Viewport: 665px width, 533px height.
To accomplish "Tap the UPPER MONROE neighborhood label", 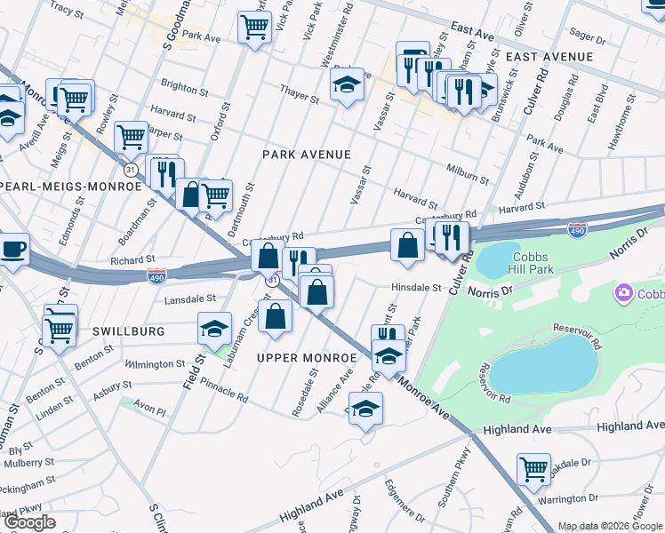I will (306, 357).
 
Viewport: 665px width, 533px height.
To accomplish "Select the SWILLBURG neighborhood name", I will (128, 330).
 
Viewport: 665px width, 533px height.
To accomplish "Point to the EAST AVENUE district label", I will (549, 57).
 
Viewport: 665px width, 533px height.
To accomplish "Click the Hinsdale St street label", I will (417, 288).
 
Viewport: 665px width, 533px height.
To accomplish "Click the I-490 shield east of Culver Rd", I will (577, 230).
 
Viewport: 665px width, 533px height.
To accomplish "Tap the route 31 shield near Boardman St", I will (130, 169).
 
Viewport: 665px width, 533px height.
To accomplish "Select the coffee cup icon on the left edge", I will (13, 249).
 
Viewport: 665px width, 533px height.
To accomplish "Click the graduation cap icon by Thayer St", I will (347, 86).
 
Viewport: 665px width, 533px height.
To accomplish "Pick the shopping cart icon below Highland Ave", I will (533, 468).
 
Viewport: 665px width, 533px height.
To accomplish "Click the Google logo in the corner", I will (28, 522).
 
